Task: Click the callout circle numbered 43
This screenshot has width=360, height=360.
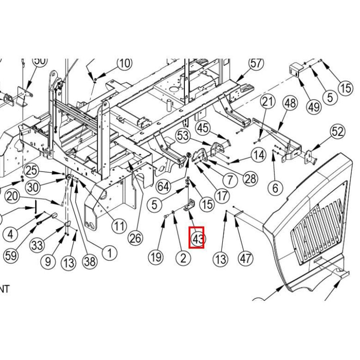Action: pos(197,238)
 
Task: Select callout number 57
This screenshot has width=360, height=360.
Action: pos(256,64)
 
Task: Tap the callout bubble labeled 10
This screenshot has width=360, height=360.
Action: pos(124,64)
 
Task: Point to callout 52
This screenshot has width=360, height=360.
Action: pos(337,132)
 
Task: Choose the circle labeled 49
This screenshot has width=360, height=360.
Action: pos(314,107)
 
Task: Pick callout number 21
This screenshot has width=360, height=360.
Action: pos(267,102)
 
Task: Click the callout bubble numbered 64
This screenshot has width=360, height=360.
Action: pos(163,186)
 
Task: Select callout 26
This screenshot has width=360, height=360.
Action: pos(136,238)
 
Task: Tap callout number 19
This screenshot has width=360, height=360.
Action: pos(156,257)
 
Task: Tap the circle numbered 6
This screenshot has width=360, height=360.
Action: pos(275,187)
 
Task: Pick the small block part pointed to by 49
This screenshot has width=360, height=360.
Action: pos(295,69)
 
